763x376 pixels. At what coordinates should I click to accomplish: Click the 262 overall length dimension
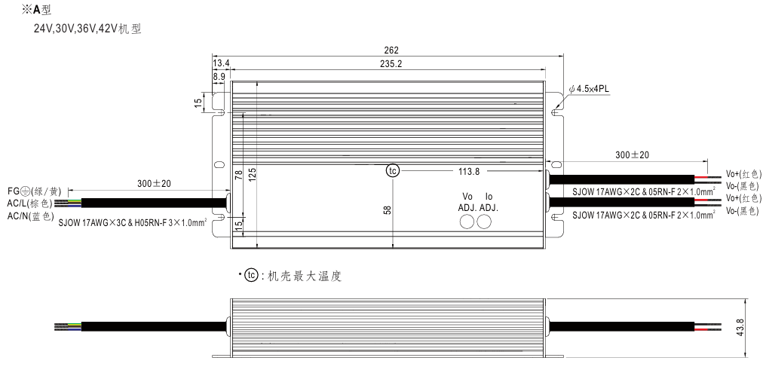coord(391,50)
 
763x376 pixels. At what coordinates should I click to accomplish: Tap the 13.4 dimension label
coord(221,63)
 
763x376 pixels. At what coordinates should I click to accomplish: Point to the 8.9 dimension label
coord(219,76)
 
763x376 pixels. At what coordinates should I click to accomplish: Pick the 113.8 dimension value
coord(469,171)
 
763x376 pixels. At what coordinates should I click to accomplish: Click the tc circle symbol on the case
coord(393,171)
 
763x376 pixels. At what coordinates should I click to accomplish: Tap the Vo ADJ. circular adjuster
coord(467,222)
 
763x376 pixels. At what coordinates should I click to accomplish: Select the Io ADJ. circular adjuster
coord(484,222)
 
